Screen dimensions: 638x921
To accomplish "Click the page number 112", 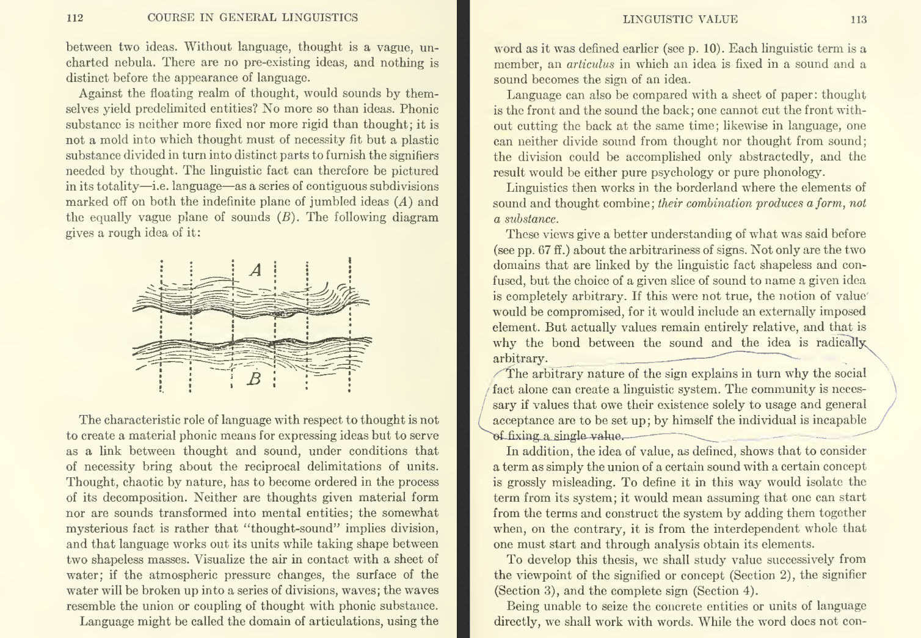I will (75, 18).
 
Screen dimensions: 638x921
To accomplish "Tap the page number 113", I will (858, 19).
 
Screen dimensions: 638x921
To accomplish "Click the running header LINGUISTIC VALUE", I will (680, 19).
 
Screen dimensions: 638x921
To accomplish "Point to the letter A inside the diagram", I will (256, 269).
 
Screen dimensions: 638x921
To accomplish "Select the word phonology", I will (793, 172).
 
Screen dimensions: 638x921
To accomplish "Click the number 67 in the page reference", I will (539, 250).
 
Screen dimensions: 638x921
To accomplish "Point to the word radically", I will (842, 343).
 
